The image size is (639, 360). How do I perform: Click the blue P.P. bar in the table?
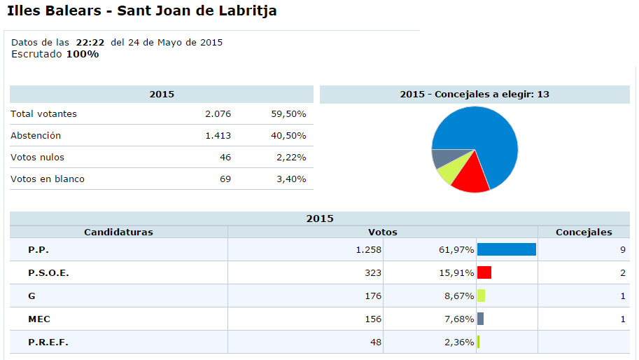coord(507,249)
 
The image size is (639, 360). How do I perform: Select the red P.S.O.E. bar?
coord(484,272)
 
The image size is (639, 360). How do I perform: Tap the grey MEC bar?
coord(480,319)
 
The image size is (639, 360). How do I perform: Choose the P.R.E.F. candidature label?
coord(48,342)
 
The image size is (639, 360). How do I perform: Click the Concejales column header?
coord(583,232)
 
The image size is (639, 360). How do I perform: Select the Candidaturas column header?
coord(118,232)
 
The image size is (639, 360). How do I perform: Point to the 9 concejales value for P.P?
coord(622,250)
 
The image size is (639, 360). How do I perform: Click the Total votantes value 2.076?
coord(218,113)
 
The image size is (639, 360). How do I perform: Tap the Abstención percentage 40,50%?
coord(290,135)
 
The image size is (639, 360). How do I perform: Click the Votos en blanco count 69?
coord(225,179)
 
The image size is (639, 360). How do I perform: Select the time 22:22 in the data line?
coord(91,42)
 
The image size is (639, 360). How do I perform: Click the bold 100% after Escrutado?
coord(83,54)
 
